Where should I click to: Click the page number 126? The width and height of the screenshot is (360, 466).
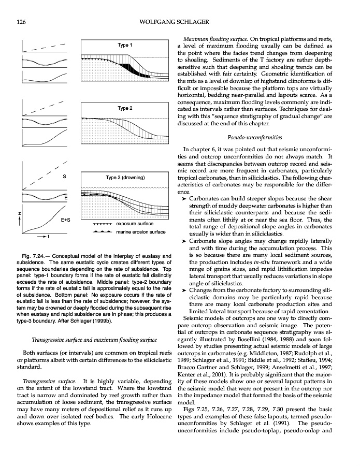pos(21,21)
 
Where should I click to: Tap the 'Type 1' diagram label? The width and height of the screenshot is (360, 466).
pos(125,46)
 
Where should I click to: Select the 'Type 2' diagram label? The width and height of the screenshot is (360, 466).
pos(125,108)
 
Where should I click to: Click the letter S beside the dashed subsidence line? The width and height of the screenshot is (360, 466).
pos(64,177)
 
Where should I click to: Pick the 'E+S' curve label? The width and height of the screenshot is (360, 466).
pos(66,220)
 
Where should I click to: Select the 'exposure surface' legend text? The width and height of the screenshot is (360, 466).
pos(135,224)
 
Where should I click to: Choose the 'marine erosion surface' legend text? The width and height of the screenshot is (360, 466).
pos(141,232)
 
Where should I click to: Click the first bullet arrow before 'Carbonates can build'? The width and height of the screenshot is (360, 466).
pos(180,199)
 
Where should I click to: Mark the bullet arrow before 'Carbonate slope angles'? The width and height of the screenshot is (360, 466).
pos(180,241)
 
